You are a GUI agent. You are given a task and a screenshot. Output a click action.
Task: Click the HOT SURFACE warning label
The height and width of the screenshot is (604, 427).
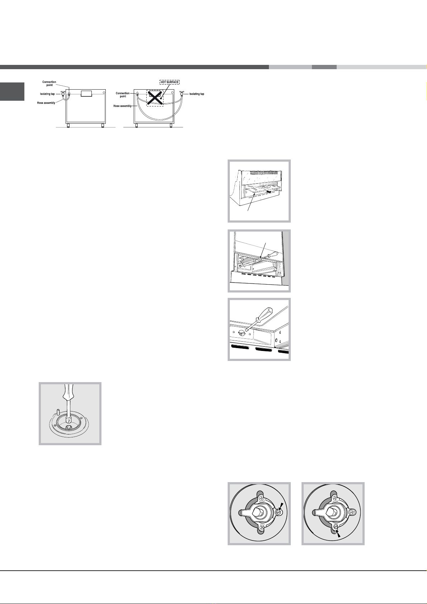(x=169, y=82)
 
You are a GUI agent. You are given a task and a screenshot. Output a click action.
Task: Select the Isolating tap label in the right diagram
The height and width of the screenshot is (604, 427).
(x=196, y=94)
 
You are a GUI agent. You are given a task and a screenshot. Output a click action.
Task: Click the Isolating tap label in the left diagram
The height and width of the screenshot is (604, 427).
(x=47, y=94)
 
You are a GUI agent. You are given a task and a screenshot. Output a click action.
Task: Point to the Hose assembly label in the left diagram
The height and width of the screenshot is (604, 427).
(x=46, y=103)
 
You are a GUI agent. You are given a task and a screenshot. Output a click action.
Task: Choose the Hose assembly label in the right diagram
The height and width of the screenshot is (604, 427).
(x=123, y=106)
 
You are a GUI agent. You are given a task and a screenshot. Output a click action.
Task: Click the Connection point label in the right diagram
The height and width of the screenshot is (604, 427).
(x=123, y=95)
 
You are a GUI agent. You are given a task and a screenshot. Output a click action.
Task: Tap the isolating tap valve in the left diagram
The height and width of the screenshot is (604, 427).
(x=63, y=94)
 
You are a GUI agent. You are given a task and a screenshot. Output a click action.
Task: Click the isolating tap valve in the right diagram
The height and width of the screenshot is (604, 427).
(x=182, y=94)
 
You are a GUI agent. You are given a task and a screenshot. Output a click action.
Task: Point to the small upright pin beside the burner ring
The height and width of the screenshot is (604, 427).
(x=58, y=412)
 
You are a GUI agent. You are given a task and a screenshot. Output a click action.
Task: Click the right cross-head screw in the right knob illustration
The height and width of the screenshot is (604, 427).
(x=353, y=512)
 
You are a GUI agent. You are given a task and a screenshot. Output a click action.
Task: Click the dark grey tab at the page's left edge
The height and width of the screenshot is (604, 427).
(x=12, y=92)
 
